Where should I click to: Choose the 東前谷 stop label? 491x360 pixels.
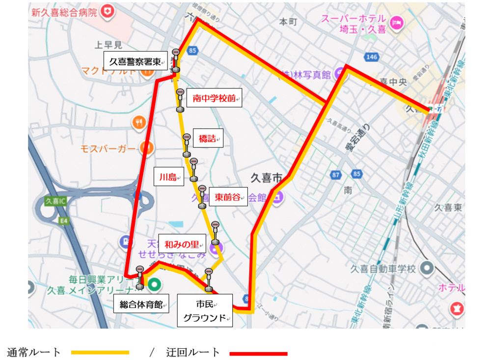[x=229, y=197]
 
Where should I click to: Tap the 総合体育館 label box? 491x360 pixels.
[x=141, y=304]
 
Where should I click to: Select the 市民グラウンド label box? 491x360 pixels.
[x=205, y=310]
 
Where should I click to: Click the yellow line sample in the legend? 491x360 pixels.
[x=100, y=352]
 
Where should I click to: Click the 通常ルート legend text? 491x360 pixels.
[x=34, y=352]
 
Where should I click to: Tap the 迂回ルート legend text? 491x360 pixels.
[x=193, y=352]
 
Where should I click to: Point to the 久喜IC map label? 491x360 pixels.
[x=55, y=201]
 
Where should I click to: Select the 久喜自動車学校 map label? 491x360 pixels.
[x=383, y=269]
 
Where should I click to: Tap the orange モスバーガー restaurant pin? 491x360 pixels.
[x=145, y=147]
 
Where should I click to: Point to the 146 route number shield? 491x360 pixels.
[x=372, y=57]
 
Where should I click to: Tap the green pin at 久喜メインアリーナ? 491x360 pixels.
[x=155, y=283]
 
